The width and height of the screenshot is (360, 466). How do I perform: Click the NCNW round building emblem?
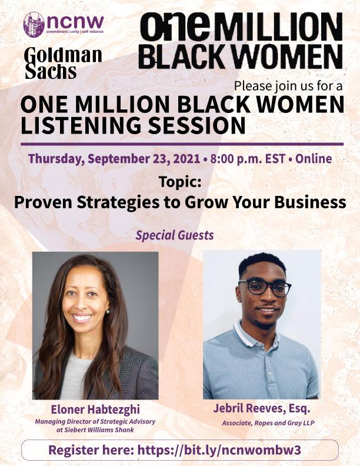pos(34,25)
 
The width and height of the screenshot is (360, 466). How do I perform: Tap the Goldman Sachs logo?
pos(64,64)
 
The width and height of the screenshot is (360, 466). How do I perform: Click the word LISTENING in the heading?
pos(81,125)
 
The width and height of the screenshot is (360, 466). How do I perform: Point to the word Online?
pos(314,158)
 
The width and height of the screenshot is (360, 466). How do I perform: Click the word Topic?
pos(180,182)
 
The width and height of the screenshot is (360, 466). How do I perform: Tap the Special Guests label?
pos(175,235)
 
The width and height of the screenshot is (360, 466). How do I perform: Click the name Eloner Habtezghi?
pos(95,410)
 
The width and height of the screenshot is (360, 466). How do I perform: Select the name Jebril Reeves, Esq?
pos(262,409)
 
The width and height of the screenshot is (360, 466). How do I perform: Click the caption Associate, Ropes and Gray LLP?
pos(268,423)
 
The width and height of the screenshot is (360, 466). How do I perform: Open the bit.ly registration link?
pos(219,450)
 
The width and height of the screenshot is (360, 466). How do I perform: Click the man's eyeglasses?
pos(264,287)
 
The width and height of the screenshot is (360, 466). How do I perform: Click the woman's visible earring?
pos(108,312)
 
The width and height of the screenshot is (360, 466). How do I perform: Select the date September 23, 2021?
pos(144,159)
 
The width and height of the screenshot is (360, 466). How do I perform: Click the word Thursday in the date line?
pos(56,159)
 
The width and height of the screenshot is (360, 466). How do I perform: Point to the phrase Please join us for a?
pos(288,86)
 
